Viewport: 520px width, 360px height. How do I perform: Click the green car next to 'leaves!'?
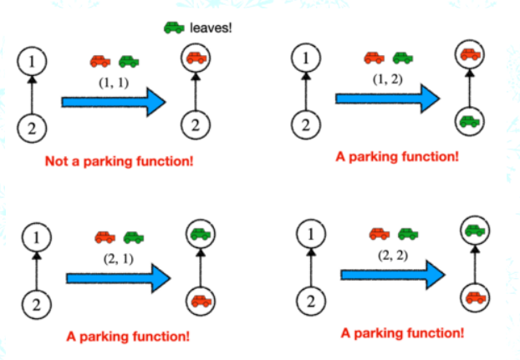click(x=174, y=28)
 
